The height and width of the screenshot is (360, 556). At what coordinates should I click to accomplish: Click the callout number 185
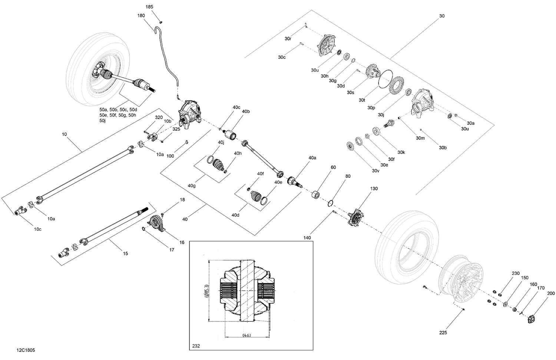(x=149, y=7)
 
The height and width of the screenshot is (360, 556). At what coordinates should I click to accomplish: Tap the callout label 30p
(x=371, y=107)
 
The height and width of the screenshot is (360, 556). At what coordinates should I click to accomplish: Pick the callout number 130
(x=374, y=189)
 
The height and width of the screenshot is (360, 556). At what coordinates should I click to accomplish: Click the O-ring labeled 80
(x=331, y=203)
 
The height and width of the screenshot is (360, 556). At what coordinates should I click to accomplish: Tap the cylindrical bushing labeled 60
(x=316, y=194)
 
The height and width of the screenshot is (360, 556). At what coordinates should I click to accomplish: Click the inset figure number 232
(x=196, y=346)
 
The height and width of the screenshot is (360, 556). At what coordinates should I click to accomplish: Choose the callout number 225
(x=443, y=333)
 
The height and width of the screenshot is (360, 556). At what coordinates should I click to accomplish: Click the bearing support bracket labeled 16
(x=156, y=224)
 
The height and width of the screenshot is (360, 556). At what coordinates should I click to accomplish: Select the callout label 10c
(x=38, y=229)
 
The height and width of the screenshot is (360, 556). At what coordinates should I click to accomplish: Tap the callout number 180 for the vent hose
(x=141, y=16)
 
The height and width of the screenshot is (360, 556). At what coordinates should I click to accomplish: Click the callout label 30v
(x=376, y=170)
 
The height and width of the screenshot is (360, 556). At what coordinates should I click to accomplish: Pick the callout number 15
(x=125, y=253)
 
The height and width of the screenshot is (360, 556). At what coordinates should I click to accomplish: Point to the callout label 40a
(x=312, y=157)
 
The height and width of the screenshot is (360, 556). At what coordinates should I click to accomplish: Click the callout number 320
(x=159, y=117)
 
